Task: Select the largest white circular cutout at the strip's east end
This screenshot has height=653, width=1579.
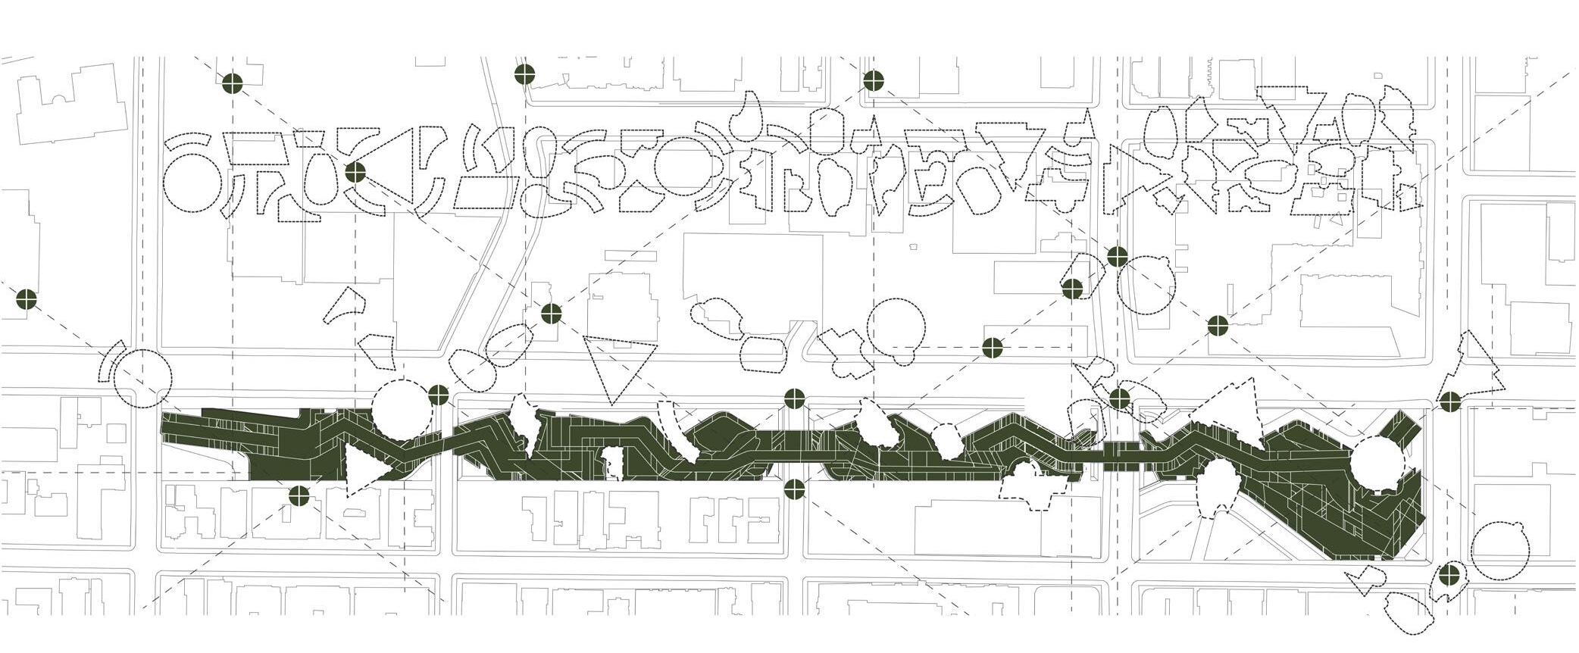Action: pos(1377,464)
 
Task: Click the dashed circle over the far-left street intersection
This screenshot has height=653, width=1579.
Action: pos(143,379)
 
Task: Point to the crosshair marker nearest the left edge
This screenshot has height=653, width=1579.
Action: pos(27,299)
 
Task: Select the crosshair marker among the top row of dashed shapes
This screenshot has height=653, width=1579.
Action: pos(355,173)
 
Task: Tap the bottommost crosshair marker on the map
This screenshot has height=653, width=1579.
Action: pos(1449,573)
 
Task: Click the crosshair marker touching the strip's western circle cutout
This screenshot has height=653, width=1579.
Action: pos(438,395)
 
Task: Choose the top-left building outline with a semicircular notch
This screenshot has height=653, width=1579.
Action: pos(72,110)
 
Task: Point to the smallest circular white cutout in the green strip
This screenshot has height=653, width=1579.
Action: pos(946,440)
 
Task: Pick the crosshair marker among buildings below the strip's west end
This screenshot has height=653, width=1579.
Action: pos(299,496)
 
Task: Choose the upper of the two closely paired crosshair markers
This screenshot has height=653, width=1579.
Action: pos(1117,257)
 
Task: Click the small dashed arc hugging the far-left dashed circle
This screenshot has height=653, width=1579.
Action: pos(109,363)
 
